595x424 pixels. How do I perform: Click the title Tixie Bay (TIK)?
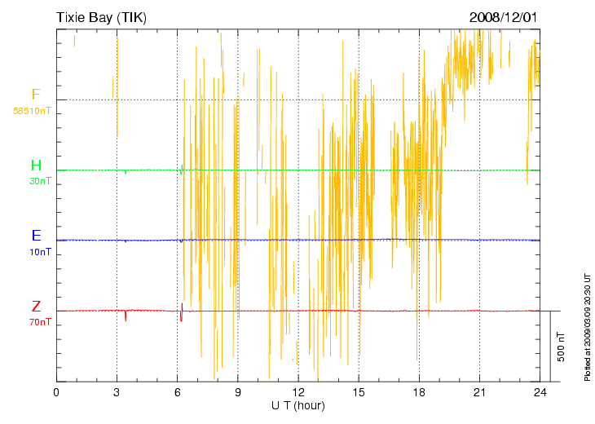(101, 16)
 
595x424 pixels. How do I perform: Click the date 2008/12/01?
(504, 16)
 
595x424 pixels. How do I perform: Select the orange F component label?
(36, 95)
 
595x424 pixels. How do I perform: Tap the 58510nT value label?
(32, 110)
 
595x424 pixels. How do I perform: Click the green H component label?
(36, 166)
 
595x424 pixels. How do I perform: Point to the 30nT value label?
(40, 181)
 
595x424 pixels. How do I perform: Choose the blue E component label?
(36, 236)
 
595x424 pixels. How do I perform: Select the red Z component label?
(36, 307)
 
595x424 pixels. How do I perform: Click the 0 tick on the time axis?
(56, 393)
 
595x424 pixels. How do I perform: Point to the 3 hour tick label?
(117, 393)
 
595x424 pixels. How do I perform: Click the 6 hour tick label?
(177, 393)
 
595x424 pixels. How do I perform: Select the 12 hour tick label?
(298, 393)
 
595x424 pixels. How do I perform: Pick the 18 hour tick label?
(419, 393)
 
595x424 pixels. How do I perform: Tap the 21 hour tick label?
(479, 393)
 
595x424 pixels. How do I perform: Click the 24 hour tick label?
(540, 393)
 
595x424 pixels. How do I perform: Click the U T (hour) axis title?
(298, 405)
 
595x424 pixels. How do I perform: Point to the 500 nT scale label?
(562, 347)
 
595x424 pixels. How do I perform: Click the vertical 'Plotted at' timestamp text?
(587, 326)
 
